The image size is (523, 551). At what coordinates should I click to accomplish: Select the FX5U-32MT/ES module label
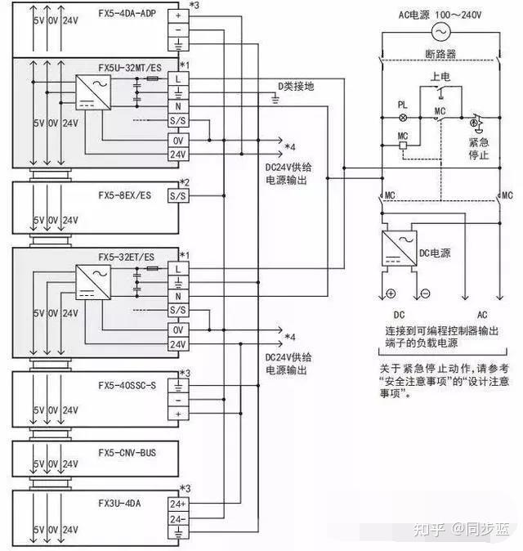pos(128,65)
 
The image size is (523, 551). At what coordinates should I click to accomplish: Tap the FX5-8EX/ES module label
pos(124,196)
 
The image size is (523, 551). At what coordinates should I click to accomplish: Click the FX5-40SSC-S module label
pos(127,385)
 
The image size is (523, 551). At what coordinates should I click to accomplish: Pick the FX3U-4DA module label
pos(120,504)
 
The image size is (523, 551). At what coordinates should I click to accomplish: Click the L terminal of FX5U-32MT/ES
pos(177,78)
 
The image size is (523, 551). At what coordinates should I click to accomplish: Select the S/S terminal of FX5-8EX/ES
pos(177,196)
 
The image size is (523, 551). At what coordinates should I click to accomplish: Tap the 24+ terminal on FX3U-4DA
pos(177,504)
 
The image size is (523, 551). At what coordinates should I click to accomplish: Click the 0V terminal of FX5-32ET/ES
pos(177,329)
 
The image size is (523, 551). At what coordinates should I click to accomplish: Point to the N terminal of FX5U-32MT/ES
pos(177,106)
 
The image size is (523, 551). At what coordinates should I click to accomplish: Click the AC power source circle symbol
pos(442,32)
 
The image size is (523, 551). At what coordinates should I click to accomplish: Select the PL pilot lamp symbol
pos(402,117)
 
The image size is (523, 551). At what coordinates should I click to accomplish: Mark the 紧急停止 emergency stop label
pos(479,147)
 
